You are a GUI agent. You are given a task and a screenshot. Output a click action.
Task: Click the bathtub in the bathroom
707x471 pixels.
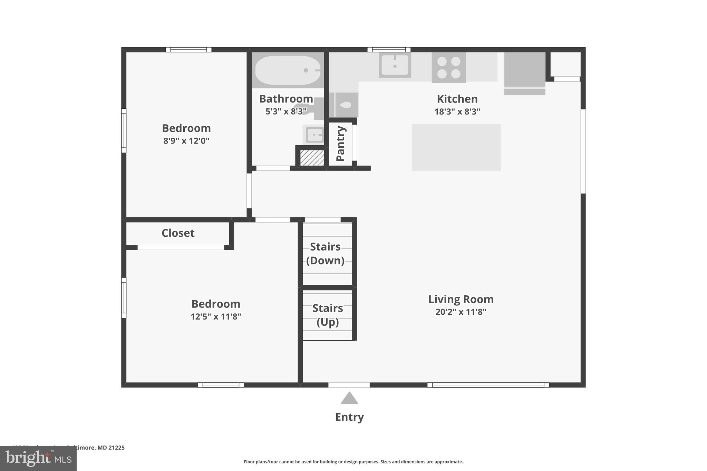click(288, 70)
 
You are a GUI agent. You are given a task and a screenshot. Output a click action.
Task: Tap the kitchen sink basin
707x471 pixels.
click(395, 65)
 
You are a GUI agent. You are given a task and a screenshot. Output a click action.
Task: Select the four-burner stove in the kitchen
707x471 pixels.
click(448, 68)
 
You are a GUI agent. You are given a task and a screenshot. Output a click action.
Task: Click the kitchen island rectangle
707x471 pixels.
click(456, 147)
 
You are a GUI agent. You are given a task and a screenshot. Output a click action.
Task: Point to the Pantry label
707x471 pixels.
click(340, 143)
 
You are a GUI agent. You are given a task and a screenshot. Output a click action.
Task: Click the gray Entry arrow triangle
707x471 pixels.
click(349, 399)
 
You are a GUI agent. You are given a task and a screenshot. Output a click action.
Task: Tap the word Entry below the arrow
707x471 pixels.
click(349, 417)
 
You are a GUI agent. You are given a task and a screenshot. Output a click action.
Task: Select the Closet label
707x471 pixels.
click(178, 233)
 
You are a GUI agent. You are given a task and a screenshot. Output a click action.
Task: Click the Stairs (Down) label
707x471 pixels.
click(325, 253)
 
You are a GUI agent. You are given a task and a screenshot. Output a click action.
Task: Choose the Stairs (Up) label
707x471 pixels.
click(328, 315)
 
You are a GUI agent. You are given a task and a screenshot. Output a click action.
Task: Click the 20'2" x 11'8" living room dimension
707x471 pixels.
click(461, 312)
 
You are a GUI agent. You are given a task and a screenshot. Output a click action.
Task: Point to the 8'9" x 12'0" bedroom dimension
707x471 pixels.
click(186, 141)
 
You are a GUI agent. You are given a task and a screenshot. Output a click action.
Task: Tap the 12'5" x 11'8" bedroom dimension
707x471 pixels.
click(216, 316)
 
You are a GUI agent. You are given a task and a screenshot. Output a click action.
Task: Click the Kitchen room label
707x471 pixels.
click(457, 99)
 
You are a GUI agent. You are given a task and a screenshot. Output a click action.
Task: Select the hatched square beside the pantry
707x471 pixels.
click(312, 158)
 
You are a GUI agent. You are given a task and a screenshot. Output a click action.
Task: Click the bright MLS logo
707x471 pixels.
click(38, 458)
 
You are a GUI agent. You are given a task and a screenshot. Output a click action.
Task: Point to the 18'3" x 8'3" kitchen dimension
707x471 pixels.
click(457, 112)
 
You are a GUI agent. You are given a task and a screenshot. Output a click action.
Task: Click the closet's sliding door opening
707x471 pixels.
click(181, 247)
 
